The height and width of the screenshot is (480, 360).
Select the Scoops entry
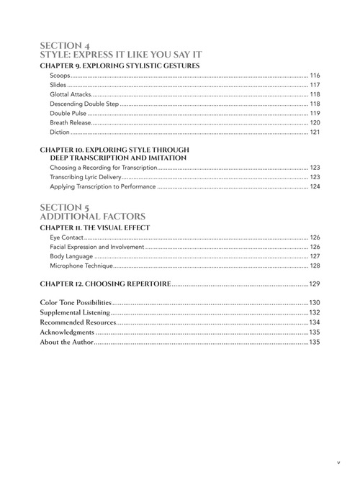pyautogui.click(x=60, y=76)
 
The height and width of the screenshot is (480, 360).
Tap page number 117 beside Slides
pyautogui.click(x=315, y=85)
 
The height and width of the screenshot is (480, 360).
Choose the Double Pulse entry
pyautogui.click(x=69, y=113)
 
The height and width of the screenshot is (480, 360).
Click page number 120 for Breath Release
pyautogui.click(x=315, y=122)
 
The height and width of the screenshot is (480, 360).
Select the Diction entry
pyautogui.click(x=60, y=132)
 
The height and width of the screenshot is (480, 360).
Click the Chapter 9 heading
pyautogui.click(x=120, y=66)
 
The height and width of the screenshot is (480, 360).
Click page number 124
pyautogui.click(x=315, y=186)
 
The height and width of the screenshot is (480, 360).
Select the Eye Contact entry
pyautogui.click(x=64, y=237)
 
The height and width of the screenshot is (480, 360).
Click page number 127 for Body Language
pyautogui.click(x=315, y=256)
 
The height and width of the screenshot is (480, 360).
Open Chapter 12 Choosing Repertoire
pyautogui.click(x=105, y=284)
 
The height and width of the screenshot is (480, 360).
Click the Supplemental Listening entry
pyautogui.click(x=75, y=312)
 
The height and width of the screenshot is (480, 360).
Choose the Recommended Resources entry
pyautogui.click(x=77, y=322)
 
